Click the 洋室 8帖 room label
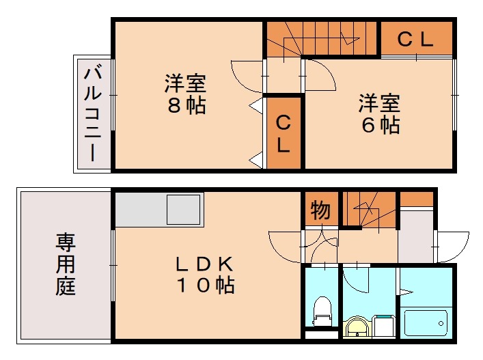pos(184,95)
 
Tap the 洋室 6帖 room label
pos(380,114)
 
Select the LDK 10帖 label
pos(206,274)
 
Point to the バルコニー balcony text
pos(93,113)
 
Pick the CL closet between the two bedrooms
pos(284,134)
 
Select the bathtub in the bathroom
pos(426,320)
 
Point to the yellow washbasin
pos(358,328)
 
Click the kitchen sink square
pos(184,208)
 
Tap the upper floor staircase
pos(321,38)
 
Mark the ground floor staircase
pos(370,209)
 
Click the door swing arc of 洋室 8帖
pos(246,75)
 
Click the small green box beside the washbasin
pos(385,327)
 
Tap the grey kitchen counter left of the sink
pos(141,208)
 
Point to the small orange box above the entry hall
pos(417,199)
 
